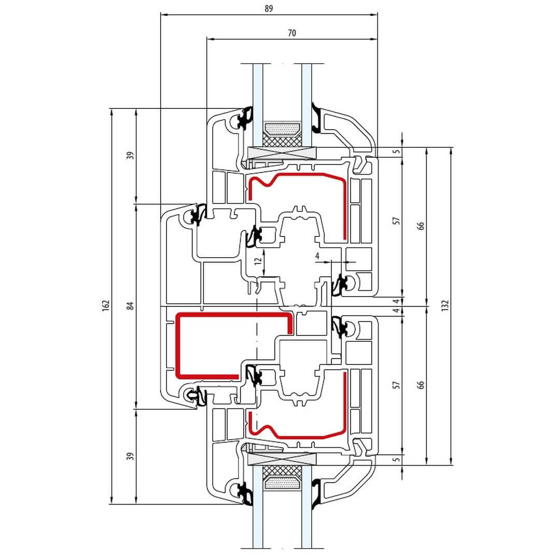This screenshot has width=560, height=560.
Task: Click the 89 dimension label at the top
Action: [269, 8]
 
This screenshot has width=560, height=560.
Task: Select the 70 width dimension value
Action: [292, 33]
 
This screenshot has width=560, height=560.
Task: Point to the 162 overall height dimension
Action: [106, 306]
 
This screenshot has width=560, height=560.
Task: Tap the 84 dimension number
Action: [131, 306]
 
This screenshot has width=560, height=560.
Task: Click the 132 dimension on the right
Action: [445, 306]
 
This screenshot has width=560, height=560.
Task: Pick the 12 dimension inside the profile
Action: [258, 261]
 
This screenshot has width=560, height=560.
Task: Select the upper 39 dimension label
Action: [131, 156]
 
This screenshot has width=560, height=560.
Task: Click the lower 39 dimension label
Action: [131, 456]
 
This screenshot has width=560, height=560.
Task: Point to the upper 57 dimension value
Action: [397, 221]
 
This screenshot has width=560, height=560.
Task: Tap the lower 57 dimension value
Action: [397, 385]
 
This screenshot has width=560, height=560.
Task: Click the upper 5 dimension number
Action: [397, 151]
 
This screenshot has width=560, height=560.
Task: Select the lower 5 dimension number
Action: [397, 459]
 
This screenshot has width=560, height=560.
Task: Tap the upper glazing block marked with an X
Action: [282, 153]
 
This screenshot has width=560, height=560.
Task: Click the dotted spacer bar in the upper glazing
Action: [282, 129]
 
